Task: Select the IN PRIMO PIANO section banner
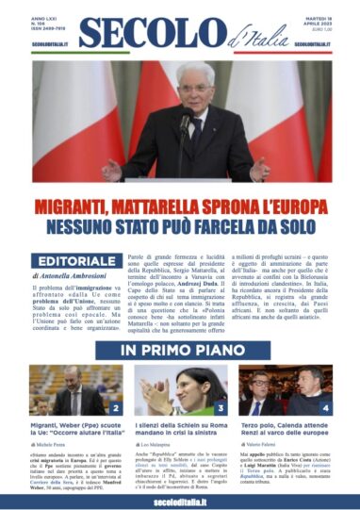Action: (179, 352)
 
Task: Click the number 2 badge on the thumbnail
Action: (115, 409)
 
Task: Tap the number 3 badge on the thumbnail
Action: (220, 409)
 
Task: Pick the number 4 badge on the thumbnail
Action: (325, 409)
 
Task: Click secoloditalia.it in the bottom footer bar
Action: (179, 501)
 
